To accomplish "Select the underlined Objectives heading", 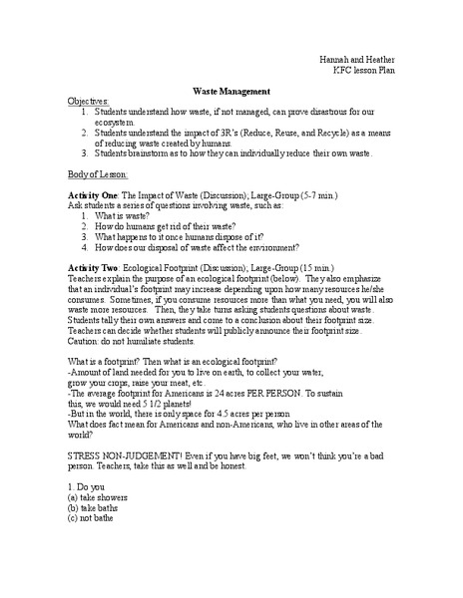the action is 89,102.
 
